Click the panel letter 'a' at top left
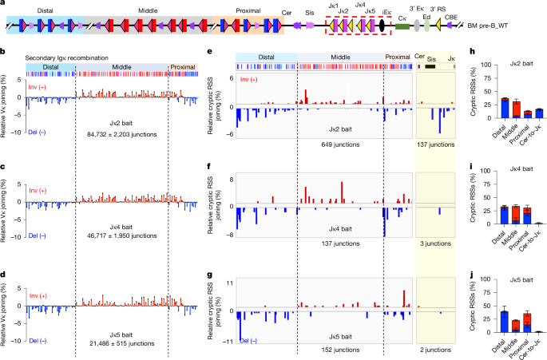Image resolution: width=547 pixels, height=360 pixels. [4, 5]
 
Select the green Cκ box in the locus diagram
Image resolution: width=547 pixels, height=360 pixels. [402, 26]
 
